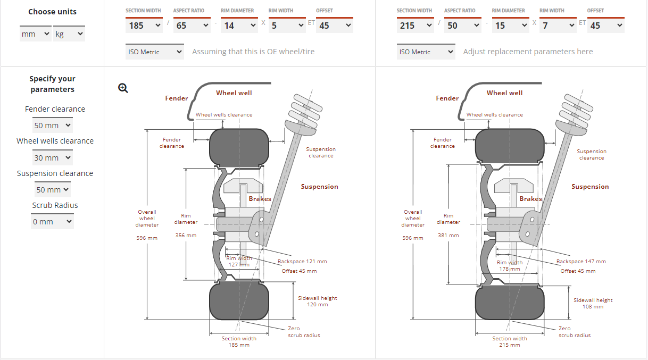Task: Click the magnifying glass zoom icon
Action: [123, 88]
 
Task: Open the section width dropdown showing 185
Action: [144, 26]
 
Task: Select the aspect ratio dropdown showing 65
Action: [192, 26]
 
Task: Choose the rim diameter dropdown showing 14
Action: [239, 26]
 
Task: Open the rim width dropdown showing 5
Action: [287, 26]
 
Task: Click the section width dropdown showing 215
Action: [415, 26]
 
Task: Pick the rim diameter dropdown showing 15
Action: [511, 26]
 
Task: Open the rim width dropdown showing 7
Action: [558, 26]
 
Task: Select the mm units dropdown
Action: [36, 34]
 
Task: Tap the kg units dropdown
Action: [69, 34]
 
